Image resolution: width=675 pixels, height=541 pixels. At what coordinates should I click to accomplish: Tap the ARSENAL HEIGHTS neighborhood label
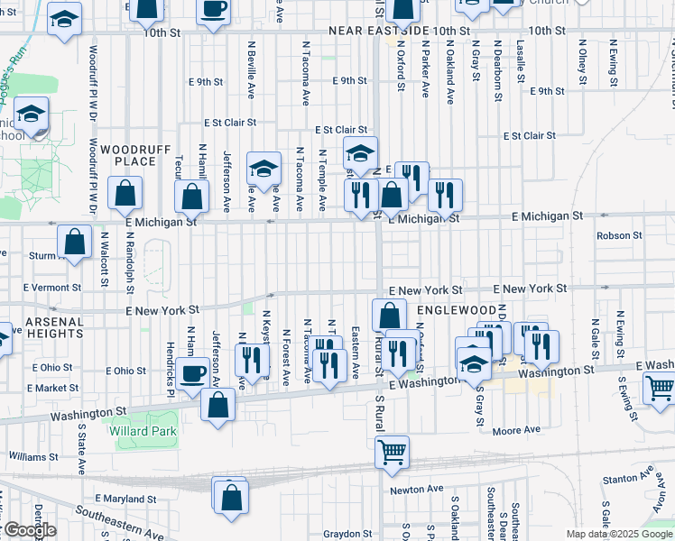point(42,327)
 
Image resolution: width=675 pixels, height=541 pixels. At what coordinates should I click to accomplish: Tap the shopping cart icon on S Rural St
point(392,452)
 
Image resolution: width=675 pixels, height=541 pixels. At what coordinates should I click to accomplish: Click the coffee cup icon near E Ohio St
point(191,373)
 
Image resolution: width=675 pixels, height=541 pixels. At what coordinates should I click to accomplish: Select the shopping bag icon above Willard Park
point(218,404)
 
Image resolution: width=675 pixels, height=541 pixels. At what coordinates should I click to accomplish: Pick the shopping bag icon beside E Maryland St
point(231,496)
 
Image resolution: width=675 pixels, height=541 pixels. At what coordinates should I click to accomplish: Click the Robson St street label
point(619,235)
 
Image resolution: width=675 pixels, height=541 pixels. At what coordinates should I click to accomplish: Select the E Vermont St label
point(51,288)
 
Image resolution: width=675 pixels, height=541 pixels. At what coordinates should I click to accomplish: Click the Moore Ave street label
point(516,432)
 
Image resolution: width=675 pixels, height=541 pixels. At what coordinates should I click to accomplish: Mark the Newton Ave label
point(417,489)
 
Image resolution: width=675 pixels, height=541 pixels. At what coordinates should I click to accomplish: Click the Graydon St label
point(343,533)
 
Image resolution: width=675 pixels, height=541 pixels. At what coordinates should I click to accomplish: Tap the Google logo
point(29,530)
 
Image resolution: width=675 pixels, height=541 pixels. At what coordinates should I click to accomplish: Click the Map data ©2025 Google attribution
point(619,533)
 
